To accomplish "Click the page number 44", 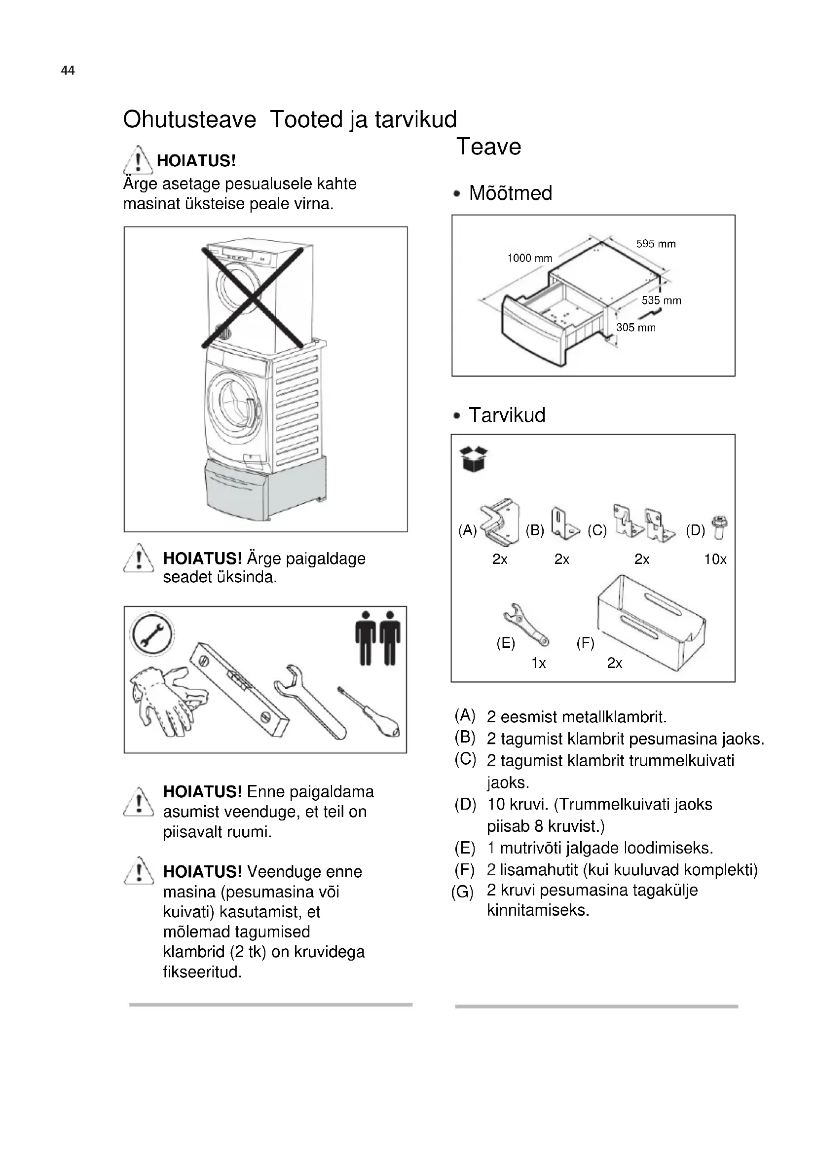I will click(x=68, y=71).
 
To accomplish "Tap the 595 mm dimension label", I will click(x=656, y=244).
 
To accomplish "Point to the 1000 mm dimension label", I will click(x=529, y=259).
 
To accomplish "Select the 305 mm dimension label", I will click(x=635, y=328).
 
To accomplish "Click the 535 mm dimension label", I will click(x=661, y=300).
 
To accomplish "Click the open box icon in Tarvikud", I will click(x=473, y=459).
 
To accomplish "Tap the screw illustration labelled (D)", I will click(x=719, y=527).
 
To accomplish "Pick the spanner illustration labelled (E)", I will click(x=525, y=624).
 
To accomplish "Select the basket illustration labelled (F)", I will click(x=651, y=623).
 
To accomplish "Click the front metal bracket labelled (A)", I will click(x=500, y=522).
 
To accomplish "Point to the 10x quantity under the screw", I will click(x=715, y=559).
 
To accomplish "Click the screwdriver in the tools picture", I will click(x=370, y=712).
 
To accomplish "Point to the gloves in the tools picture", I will click(x=166, y=699).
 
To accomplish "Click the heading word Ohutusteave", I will click(x=189, y=119).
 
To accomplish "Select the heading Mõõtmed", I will click(x=511, y=193).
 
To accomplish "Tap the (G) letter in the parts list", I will click(x=462, y=893).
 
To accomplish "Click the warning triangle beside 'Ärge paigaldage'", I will click(x=138, y=559).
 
